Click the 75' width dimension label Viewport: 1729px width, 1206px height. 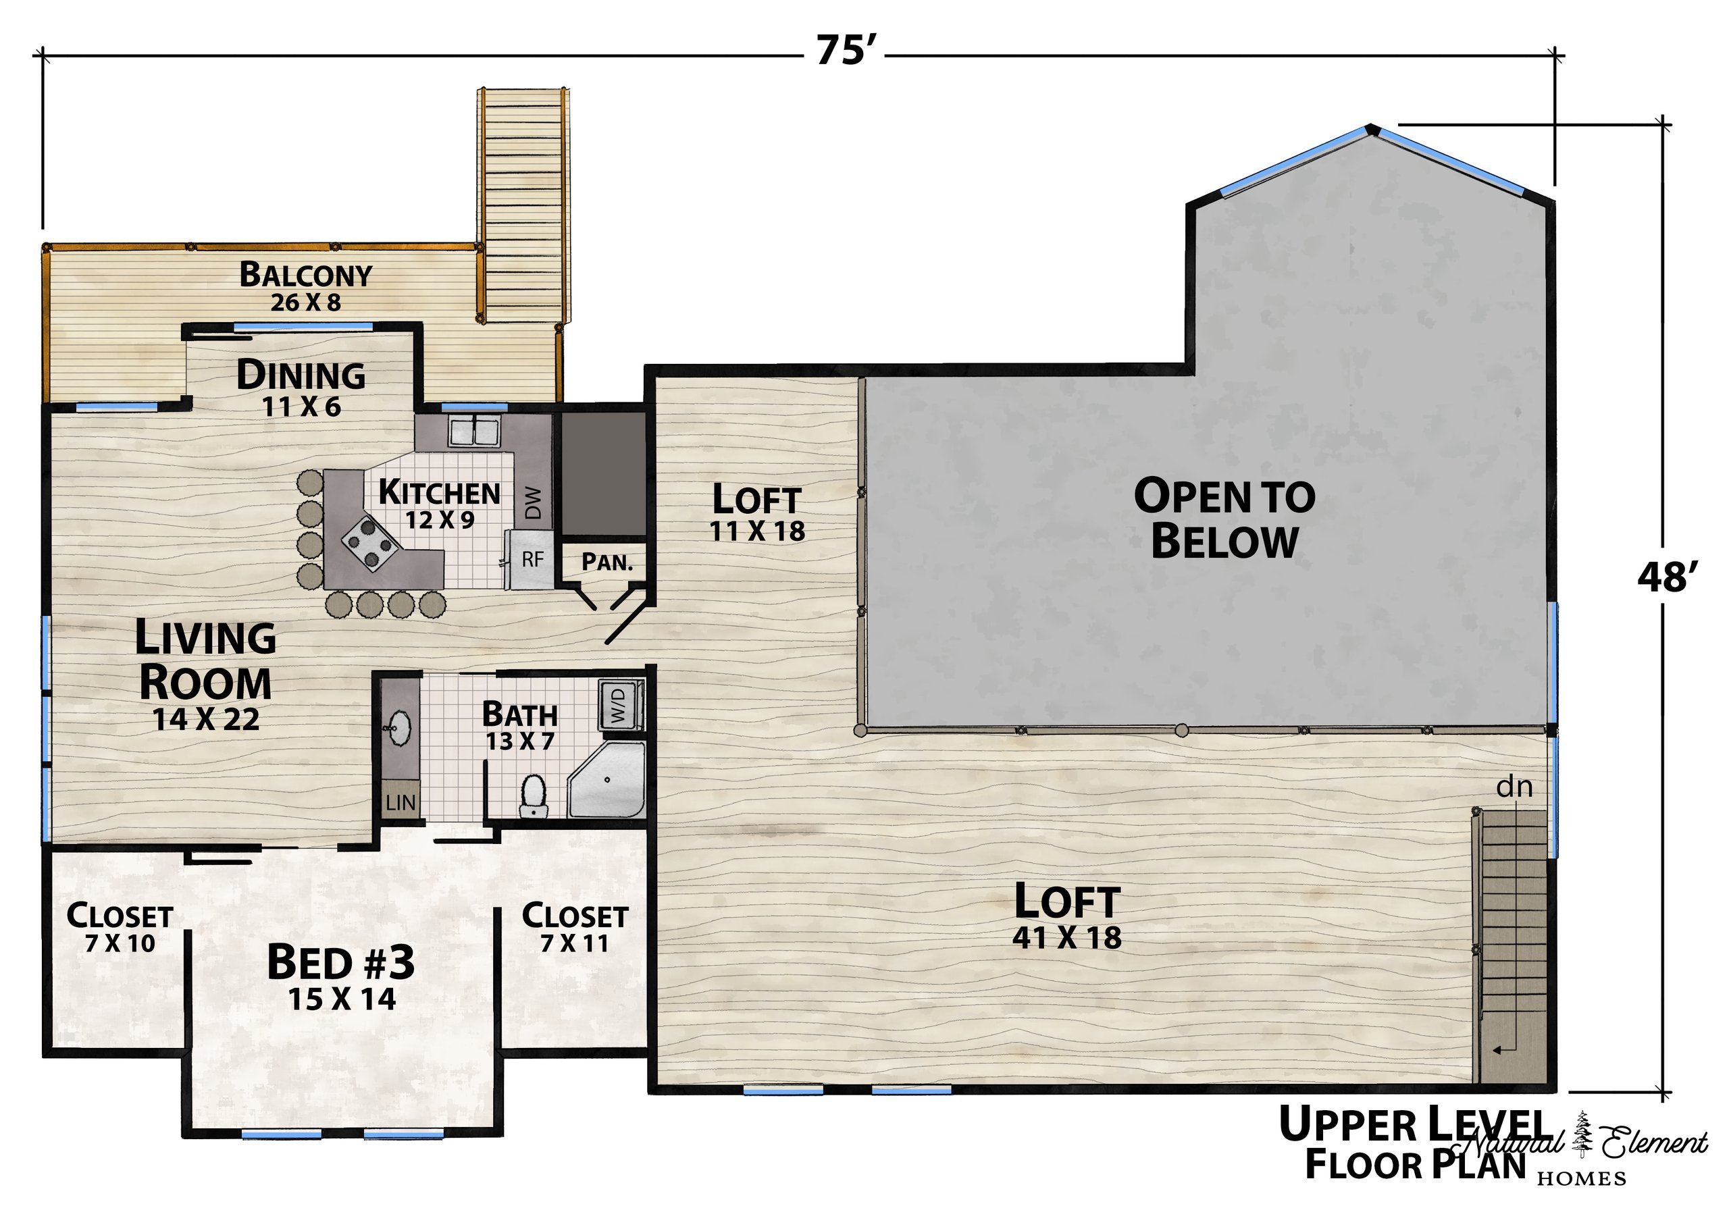(846, 52)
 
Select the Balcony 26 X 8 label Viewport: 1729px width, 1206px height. (306, 287)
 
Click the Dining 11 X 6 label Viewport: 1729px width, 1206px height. (301, 388)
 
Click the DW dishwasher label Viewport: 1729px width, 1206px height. (532, 503)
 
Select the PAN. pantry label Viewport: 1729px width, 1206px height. (607, 562)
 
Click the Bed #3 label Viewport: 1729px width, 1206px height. (341, 976)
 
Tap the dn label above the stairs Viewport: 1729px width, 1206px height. (1514, 787)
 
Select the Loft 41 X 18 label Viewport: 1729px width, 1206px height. (1067, 914)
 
